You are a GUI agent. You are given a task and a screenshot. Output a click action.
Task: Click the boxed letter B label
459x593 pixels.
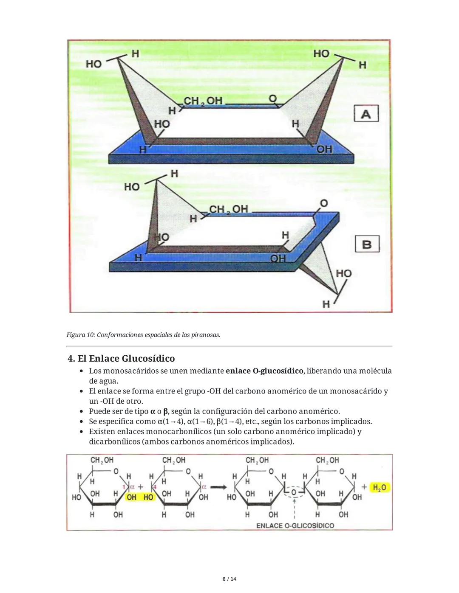(366, 244)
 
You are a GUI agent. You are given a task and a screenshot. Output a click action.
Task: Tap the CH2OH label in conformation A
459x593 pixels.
(203, 101)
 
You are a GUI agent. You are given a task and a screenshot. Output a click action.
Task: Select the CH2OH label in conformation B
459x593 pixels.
(228, 209)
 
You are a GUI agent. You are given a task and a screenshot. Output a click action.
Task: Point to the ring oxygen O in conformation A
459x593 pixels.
(273, 98)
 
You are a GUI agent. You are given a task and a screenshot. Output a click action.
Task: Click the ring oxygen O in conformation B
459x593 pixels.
(324, 203)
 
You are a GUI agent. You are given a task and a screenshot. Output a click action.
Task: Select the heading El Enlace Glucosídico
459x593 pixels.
(121, 358)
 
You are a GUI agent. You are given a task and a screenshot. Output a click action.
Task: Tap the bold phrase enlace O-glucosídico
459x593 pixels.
(264, 371)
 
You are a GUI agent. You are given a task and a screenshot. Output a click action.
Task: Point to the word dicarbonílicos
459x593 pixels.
(114, 442)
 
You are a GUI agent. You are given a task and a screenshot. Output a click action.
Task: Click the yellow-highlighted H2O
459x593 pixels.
(380, 488)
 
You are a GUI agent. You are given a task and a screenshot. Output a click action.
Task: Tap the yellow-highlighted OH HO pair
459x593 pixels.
(140, 497)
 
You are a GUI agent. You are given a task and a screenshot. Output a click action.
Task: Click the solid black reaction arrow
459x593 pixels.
(218, 487)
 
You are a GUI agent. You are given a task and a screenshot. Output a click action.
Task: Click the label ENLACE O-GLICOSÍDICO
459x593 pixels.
(295, 526)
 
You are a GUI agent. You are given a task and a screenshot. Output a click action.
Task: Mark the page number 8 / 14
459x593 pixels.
(229, 579)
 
